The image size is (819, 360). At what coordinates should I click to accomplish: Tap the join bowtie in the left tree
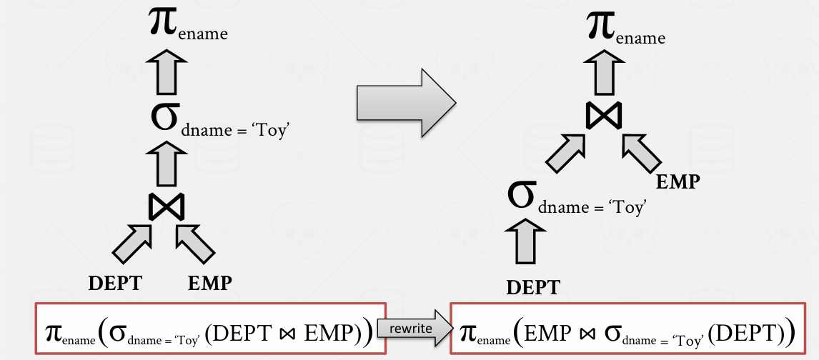pyautogui.click(x=166, y=207)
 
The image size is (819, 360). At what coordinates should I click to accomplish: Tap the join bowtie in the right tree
pyautogui.click(x=604, y=116)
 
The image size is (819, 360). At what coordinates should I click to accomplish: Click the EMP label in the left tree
pyautogui.click(x=210, y=283)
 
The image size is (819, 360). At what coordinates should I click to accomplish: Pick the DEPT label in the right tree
pyautogui.click(x=533, y=288)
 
